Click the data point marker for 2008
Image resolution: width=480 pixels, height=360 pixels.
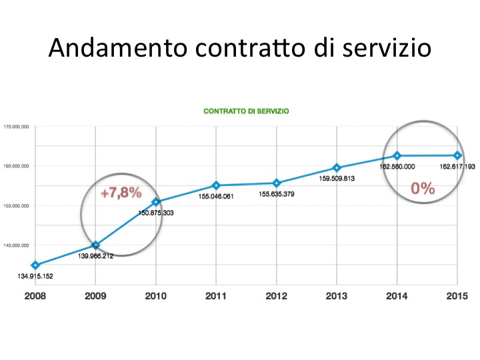(35, 265)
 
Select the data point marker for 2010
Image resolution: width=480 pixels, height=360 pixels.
(156, 201)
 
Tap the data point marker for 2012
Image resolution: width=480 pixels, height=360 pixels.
(277, 183)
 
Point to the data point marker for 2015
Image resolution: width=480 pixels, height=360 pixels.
(457, 155)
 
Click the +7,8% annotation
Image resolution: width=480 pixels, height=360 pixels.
(121, 193)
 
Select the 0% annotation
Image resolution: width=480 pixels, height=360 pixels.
(423, 188)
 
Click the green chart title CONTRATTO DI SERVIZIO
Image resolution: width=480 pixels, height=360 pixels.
(246, 111)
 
